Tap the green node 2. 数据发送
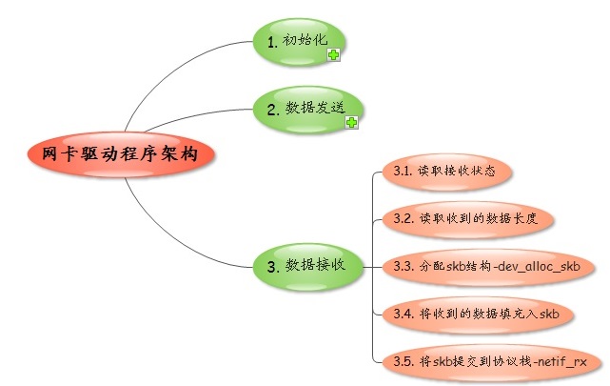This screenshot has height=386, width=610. point(306,109)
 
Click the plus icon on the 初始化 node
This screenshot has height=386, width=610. point(333,56)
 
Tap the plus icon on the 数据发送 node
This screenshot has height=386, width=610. point(351,124)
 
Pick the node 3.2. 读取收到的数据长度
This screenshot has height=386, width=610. point(466,218)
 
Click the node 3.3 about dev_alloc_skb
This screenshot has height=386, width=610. point(486,265)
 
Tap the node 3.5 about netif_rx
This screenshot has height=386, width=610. point(489,361)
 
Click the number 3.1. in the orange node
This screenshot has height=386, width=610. point(402,173)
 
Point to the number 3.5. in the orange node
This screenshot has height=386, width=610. point(402,361)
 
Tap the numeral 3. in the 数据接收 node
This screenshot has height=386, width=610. point(272,267)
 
